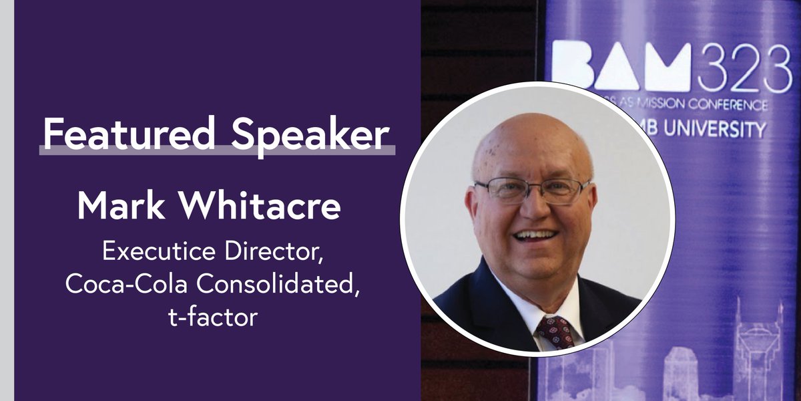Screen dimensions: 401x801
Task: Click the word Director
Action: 277,254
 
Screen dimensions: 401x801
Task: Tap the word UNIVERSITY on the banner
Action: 721,130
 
